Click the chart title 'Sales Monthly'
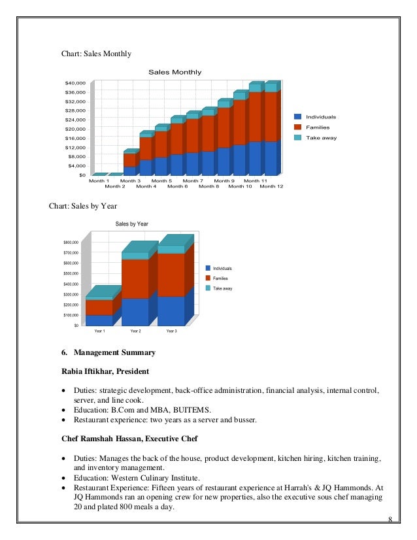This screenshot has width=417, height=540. (x=175, y=72)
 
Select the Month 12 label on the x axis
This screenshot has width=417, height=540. (x=271, y=186)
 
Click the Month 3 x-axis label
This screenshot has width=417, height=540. (x=130, y=180)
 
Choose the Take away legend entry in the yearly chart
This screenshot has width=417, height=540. (x=223, y=288)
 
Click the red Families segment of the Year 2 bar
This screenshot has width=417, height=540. (x=135, y=279)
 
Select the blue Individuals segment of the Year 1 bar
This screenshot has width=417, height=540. (x=99, y=320)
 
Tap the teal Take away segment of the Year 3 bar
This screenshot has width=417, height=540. (x=171, y=249)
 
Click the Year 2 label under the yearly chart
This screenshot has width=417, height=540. (x=135, y=331)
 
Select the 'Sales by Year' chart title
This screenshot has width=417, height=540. (x=132, y=224)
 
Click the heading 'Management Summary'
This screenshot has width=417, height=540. (x=114, y=353)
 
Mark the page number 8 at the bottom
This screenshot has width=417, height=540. (x=390, y=520)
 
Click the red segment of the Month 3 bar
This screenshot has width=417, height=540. (x=129, y=160)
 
